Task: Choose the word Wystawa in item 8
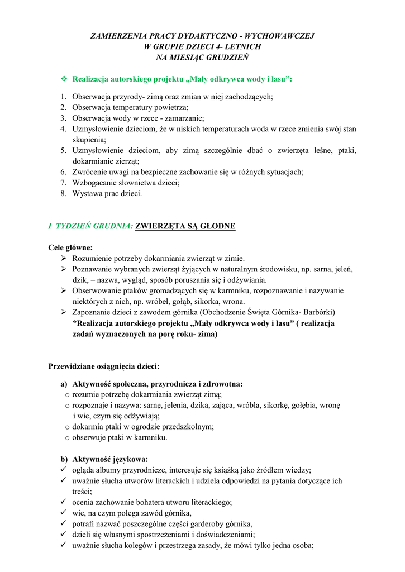pyautogui.click(x=87, y=193)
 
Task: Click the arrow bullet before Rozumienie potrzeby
pyautogui.click(x=63, y=259)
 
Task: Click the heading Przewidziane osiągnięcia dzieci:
pyautogui.click(x=104, y=366)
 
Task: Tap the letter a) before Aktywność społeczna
pyautogui.click(x=64, y=384)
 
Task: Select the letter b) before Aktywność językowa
pyautogui.click(x=64, y=459)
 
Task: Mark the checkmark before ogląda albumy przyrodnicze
pyautogui.click(x=63, y=470)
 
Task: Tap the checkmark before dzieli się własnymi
pyautogui.click(x=63, y=534)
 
